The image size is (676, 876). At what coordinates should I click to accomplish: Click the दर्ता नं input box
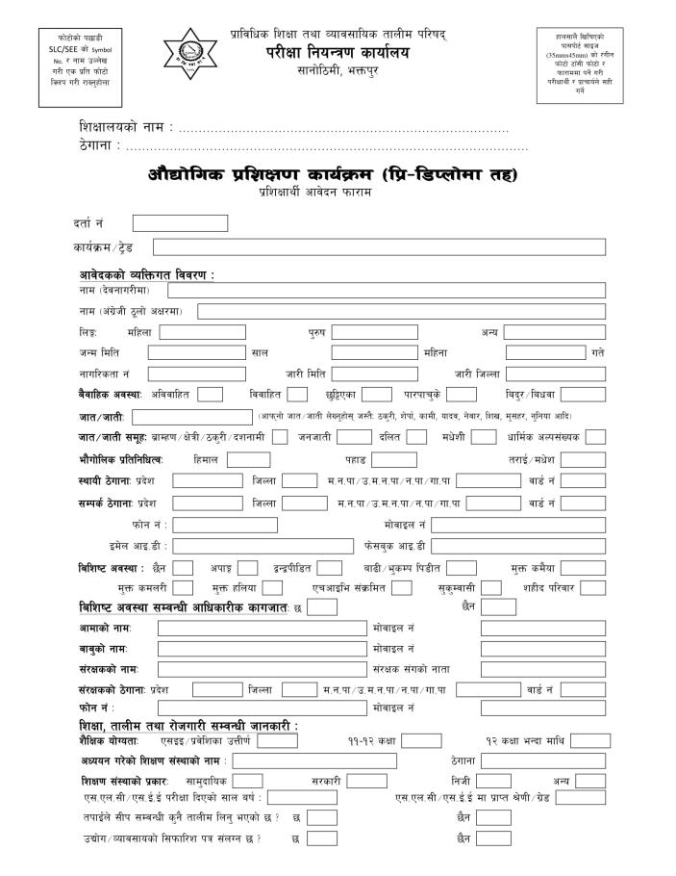(x=180, y=223)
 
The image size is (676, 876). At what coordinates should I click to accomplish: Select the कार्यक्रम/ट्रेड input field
(x=379, y=247)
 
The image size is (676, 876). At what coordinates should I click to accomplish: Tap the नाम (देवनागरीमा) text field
(x=387, y=290)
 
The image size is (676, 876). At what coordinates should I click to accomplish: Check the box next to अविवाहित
(x=211, y=394)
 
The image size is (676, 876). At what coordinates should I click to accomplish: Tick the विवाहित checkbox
(x=297, y=394)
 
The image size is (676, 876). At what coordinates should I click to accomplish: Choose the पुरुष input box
(x=375, y=332)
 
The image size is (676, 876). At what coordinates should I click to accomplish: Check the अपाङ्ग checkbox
(x=248, y=568)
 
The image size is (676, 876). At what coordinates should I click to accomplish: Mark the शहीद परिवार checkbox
(x=592, y=588)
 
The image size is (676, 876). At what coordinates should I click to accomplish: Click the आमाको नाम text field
(x=263, y=629)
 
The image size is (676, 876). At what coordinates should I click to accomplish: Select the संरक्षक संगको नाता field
(x=543, y=669)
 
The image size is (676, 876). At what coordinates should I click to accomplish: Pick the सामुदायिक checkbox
(x=248, y=781)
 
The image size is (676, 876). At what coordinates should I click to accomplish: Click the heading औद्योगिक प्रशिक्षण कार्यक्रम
(x=333, y=175)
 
